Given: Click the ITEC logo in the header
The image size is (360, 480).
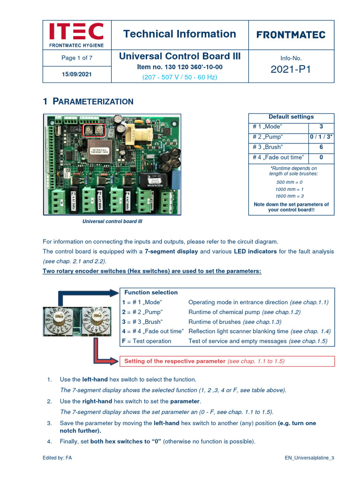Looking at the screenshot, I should click(76, 35).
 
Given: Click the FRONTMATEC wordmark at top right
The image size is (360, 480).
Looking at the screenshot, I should click(291, 35).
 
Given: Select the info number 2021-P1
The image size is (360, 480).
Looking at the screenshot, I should click(291, 70).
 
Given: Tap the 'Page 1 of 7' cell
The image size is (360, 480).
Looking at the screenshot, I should click(77, 58).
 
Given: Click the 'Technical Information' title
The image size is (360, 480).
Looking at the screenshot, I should click(180, 34).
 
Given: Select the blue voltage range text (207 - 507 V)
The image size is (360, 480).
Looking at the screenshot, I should click(180, 77).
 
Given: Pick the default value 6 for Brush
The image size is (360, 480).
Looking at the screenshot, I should click(321, 147).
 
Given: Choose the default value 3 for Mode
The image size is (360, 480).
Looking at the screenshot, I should click(321, 127).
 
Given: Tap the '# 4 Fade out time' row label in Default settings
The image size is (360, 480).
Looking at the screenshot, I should click(278, 157).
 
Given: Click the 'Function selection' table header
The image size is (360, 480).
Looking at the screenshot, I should click(151, 292).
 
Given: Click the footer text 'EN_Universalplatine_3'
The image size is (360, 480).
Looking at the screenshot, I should click(309, 457).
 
